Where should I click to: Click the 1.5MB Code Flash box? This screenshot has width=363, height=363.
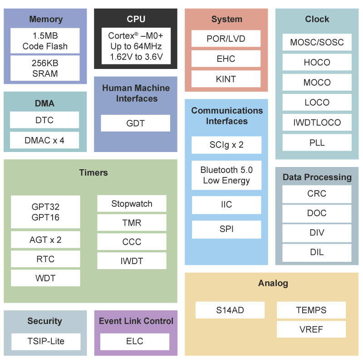tap(45, 41)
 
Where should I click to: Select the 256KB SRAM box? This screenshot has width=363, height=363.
tap(45, 68)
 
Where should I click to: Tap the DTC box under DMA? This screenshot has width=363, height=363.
tap(44, 120)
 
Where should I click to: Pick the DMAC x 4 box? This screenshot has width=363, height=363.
tap(44, 140)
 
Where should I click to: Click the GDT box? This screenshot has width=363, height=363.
tap(135, 123)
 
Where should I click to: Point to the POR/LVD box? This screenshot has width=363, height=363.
tap(226, 39)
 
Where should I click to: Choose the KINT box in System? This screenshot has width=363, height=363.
tap(226, 79)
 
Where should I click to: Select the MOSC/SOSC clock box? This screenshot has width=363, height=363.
tap(317, 43)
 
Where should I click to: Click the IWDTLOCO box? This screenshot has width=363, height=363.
tap(317, 123)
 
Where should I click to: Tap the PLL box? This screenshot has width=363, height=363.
tap(317, 142)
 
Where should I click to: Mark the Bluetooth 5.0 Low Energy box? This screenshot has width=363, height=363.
tap(226, 175)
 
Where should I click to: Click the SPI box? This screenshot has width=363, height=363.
tap(226, 229)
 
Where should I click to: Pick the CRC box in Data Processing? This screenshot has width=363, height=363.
tap(317, 194)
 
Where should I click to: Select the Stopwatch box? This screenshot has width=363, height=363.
tap(132, 204)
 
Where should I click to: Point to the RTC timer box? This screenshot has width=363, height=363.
tap(45, 259)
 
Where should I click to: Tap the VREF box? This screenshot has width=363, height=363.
tap(311, 329)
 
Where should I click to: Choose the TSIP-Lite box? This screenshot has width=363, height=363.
tap(45, 341)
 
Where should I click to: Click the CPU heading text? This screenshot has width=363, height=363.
tap(136, 19)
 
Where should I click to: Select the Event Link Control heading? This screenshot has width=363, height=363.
tap(136, 321)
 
